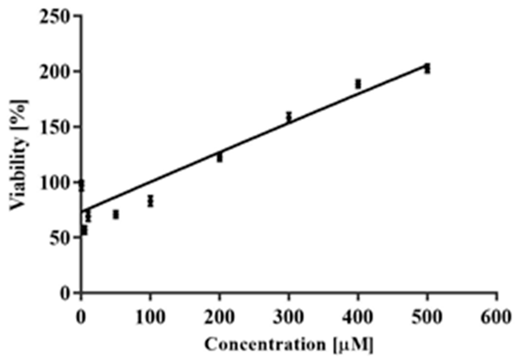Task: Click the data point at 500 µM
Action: coord(427,68)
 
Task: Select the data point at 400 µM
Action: coord(358,84)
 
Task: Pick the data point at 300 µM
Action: coord(289,117)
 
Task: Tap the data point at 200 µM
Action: coord(219,157)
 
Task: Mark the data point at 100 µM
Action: coord(150,201)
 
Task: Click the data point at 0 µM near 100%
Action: coord(81,186)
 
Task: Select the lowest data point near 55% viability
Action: coord(84,231)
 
